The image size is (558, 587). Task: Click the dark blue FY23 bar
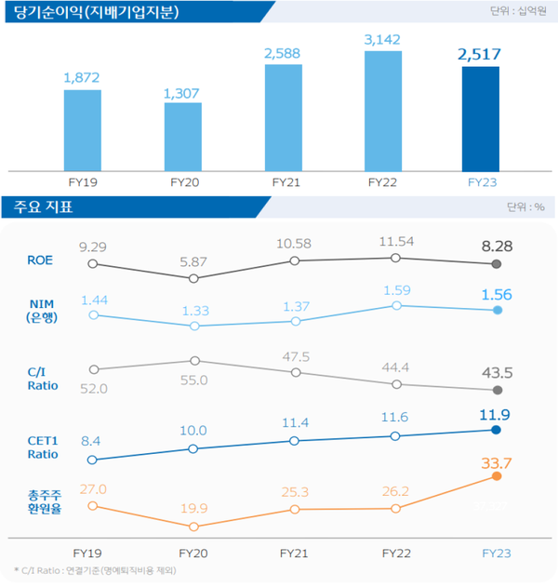tap(480, 118)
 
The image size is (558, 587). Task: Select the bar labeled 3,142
tap(382, 111)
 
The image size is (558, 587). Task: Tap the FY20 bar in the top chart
tap(183, 136)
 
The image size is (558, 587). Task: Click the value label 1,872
tap(82, 78)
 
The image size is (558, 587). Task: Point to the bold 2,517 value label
tap(480, 54)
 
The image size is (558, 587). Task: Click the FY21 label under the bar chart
tap(283, 181)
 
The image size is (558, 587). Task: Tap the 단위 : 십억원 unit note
tap(521, 12)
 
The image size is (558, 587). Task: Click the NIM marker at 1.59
tap(396, 305)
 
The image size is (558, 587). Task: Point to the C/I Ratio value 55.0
tap(193, 380)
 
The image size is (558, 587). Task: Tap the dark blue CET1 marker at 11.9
tap(497, 430)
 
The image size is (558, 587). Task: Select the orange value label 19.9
tap(193, 508)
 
